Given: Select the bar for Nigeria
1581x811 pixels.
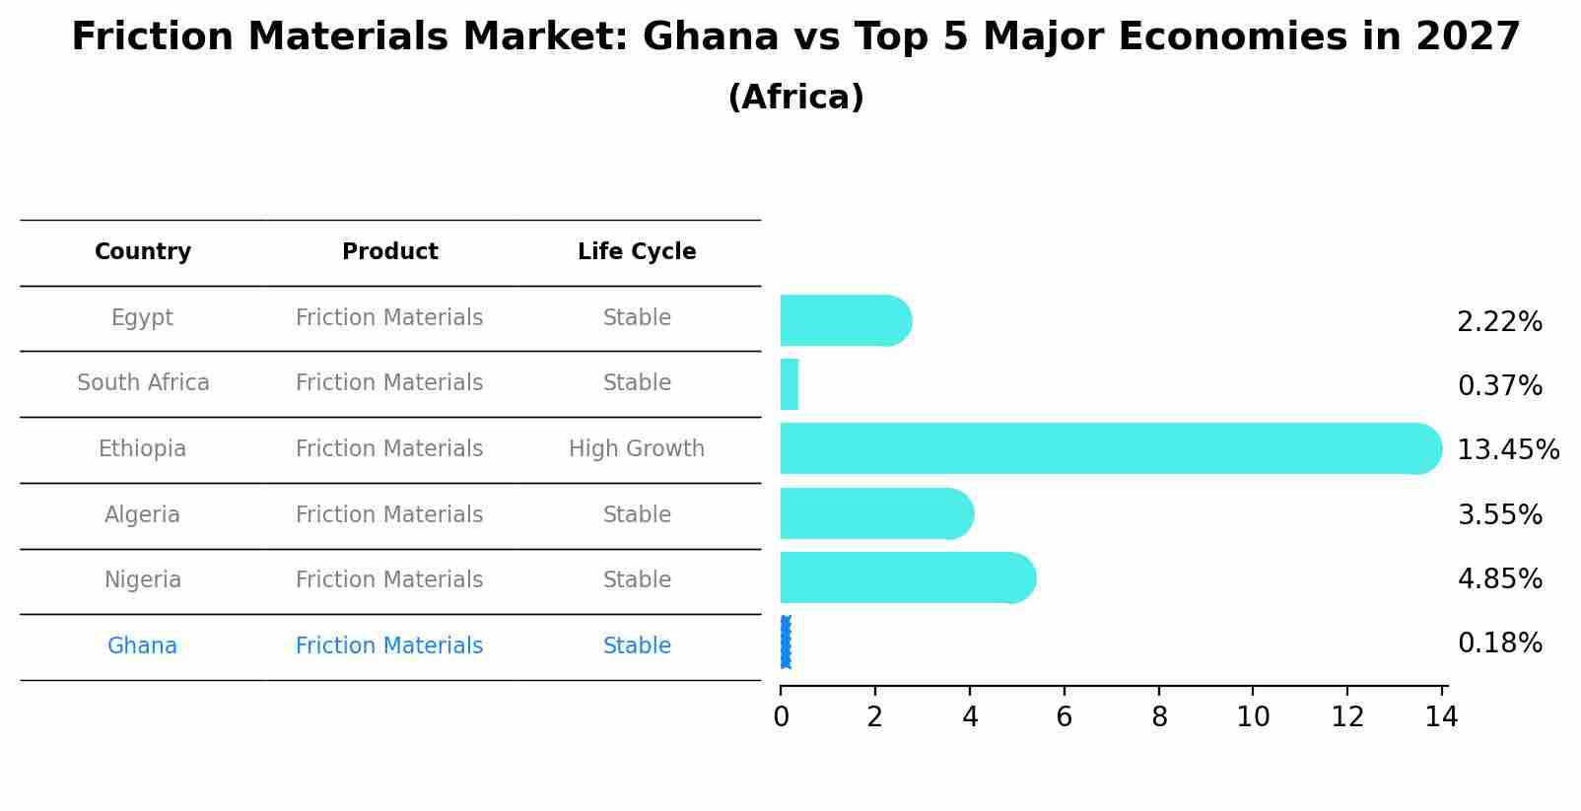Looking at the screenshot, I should pos(907,577).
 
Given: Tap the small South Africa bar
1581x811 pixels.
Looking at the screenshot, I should pos(790,384).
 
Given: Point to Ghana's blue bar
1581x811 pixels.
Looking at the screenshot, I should pos(786,642).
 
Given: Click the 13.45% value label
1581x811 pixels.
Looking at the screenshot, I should pos(1507,450).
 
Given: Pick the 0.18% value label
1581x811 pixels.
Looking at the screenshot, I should pos(1499,643).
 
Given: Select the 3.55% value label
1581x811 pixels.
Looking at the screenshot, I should pos(1499,515).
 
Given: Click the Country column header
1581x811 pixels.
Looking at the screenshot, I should pos(143,252).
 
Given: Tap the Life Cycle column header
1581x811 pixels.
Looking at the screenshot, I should pos(637,252).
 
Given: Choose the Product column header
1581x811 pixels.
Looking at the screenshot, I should pos(389,252).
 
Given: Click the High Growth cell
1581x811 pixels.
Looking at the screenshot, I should pos(637,449).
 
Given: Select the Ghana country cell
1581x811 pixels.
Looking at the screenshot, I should pos(143,646).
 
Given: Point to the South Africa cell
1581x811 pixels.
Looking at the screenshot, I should pos(143,383).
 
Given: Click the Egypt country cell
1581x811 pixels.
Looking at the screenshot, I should pos(143,318).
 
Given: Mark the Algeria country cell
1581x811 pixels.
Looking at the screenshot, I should pos(143,515).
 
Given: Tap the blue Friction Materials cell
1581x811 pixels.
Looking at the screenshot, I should pos(389,646).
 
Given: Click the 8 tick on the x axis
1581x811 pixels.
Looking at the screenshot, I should pos(1159,717).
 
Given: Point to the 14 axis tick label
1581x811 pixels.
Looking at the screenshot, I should pos(1441,717).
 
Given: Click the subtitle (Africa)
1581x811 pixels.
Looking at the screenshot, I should pos(795,98).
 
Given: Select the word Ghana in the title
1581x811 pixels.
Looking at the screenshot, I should pos(710,37).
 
